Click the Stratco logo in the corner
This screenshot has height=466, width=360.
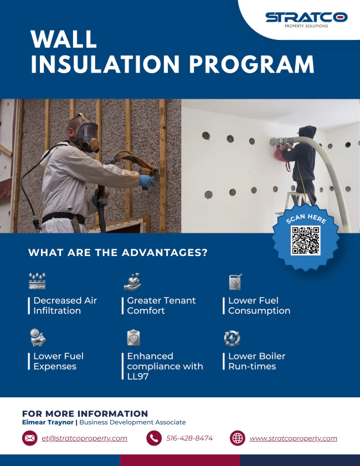pos(306,20)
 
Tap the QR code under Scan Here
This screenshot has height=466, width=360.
pos(305,240)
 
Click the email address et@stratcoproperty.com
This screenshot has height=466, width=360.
pos(84,438)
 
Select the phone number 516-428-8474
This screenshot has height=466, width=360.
pos(189,438)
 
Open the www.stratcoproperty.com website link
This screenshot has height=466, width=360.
pos(294,438)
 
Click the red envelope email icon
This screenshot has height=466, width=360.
pos(30,438)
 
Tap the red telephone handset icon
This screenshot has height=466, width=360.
pos(154,438)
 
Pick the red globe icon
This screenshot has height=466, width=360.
pos(238,438)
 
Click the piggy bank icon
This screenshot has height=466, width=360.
pos(38,337)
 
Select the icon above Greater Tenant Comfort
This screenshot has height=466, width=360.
pos(132,281)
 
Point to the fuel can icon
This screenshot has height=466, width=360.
pos(235,281)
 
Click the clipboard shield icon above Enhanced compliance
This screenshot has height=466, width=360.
pos(133,337)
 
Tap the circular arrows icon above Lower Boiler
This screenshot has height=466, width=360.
pos(232,338)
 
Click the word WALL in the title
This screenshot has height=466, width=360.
pos(64,39)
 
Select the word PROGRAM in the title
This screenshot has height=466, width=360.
pos(252,64)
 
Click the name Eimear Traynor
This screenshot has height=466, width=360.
pos(48,422)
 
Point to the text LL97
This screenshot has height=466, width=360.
pos(137,376)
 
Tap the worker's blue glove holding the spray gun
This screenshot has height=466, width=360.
pos(146,181)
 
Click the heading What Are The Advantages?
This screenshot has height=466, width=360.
pos(118,253)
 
